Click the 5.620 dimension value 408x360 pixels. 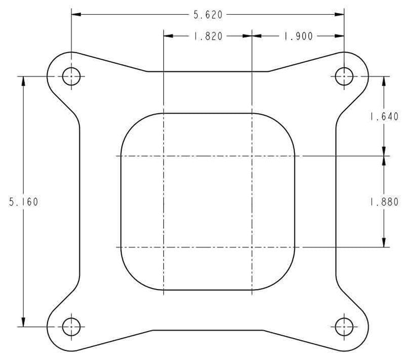pyautogui.click(x=208, y=15)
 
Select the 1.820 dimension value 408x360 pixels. pyautogui.click(x=208, y=36)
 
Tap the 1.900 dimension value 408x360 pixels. pyautogui.click(x=298, y=36)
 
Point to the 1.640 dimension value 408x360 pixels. pyautogui.click(x=384, y=116)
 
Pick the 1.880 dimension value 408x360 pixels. pyautogui.click(x=384, y=202)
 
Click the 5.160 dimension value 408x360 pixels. pyautogui.click(x=23, y=202)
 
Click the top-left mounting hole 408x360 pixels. pyautogui.click(x=71, y=77)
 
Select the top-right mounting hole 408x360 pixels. pyautogui.click(x=344, y=77)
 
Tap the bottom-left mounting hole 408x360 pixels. pyautogui.click(x=71, y=327)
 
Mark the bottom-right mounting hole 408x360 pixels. pyautogui.click(x=344, y=327)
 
